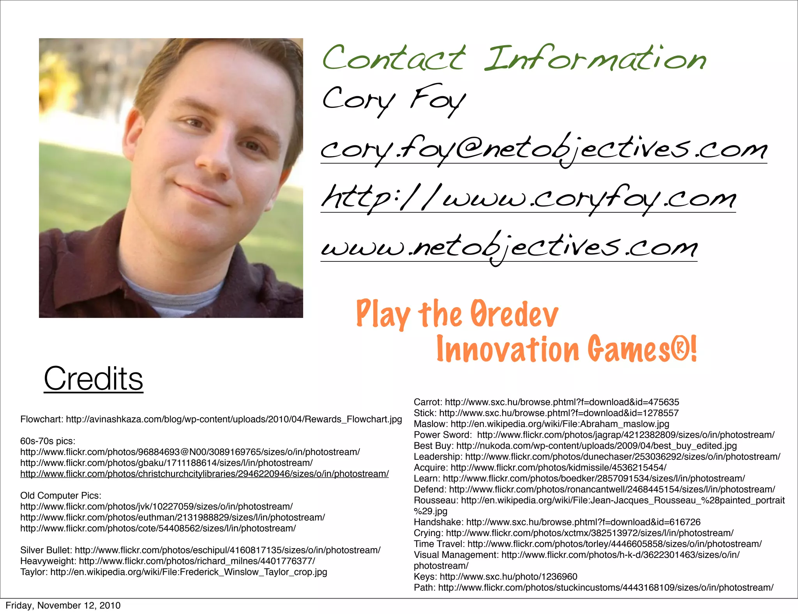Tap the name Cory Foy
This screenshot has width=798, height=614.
394,99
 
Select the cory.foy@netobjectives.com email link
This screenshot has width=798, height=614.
544,150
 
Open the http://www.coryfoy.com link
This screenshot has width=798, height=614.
528,199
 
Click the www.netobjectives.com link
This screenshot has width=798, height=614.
508,247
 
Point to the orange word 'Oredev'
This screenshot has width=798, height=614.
514,315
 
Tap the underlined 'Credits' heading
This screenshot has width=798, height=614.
94,379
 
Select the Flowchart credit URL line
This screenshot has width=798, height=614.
211,419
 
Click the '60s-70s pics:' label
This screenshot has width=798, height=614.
48,441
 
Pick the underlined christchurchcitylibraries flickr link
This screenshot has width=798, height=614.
204,474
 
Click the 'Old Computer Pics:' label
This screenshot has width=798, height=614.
60,496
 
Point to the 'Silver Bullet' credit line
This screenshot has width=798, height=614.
200,550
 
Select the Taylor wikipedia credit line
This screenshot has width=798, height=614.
173,572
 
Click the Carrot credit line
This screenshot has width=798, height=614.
546,402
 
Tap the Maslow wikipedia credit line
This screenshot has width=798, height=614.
541,424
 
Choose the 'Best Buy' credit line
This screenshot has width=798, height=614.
575,446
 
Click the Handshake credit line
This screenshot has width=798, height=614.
557,522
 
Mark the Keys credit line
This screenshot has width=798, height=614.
495,577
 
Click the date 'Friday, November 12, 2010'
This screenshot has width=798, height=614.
63,605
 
